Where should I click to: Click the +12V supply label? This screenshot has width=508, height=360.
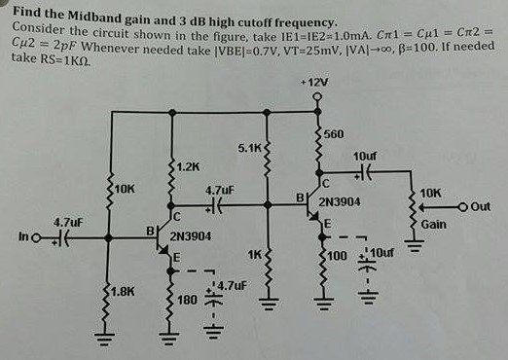point(315,84)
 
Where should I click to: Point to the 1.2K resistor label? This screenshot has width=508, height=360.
point(189,166)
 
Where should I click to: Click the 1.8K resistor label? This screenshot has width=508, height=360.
point(122,291)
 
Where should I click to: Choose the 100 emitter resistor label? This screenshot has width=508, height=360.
point(336,256)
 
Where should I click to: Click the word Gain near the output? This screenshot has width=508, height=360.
point(434,224)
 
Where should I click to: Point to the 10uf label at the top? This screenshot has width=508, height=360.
point(365,156)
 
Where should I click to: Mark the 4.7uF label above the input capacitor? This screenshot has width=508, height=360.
point(67,221)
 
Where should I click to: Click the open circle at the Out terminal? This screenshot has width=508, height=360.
point(472,207)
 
